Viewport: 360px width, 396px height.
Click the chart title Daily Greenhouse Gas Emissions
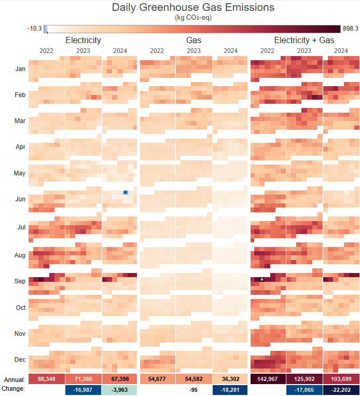point(193,8)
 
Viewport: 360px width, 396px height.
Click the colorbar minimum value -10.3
point(35,29)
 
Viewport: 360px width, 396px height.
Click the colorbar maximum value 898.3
point(350,29)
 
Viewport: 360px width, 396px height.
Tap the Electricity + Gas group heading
point(304,40)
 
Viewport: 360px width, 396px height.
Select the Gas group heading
point(193,40)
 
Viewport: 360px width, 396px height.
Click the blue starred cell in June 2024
point(126,193)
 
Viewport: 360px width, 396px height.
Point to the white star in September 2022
point(262,280)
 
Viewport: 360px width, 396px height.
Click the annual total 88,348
point(47,379)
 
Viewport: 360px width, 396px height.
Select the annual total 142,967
point(268,379)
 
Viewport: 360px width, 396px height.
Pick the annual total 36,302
point(230,379)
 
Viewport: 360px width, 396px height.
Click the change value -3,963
point(120,389)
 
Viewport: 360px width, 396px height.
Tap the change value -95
point(193,389)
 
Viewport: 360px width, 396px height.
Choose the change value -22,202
point(341,389)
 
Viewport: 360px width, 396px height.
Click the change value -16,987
point(83,389)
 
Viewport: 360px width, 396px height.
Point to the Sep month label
point(20,281)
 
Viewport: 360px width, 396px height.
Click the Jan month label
point(20,69)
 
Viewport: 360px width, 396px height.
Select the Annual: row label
point(14,379)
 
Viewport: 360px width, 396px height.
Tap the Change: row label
point(13,389)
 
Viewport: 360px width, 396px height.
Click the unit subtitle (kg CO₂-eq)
point(193,18)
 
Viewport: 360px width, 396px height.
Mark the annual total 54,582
point(193,379)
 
